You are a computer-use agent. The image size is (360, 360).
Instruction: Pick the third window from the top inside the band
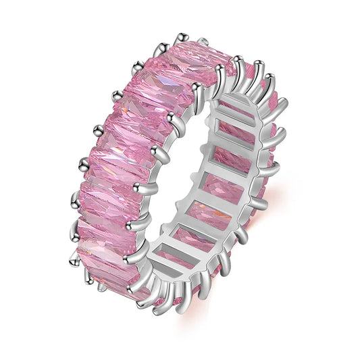pyautogui.click(x=227, y=159)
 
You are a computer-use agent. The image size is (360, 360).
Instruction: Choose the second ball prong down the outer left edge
pyautogui.click(x=116, y=95)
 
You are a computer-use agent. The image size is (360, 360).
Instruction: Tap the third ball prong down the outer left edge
pyautogui.click(x=97, y=127)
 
